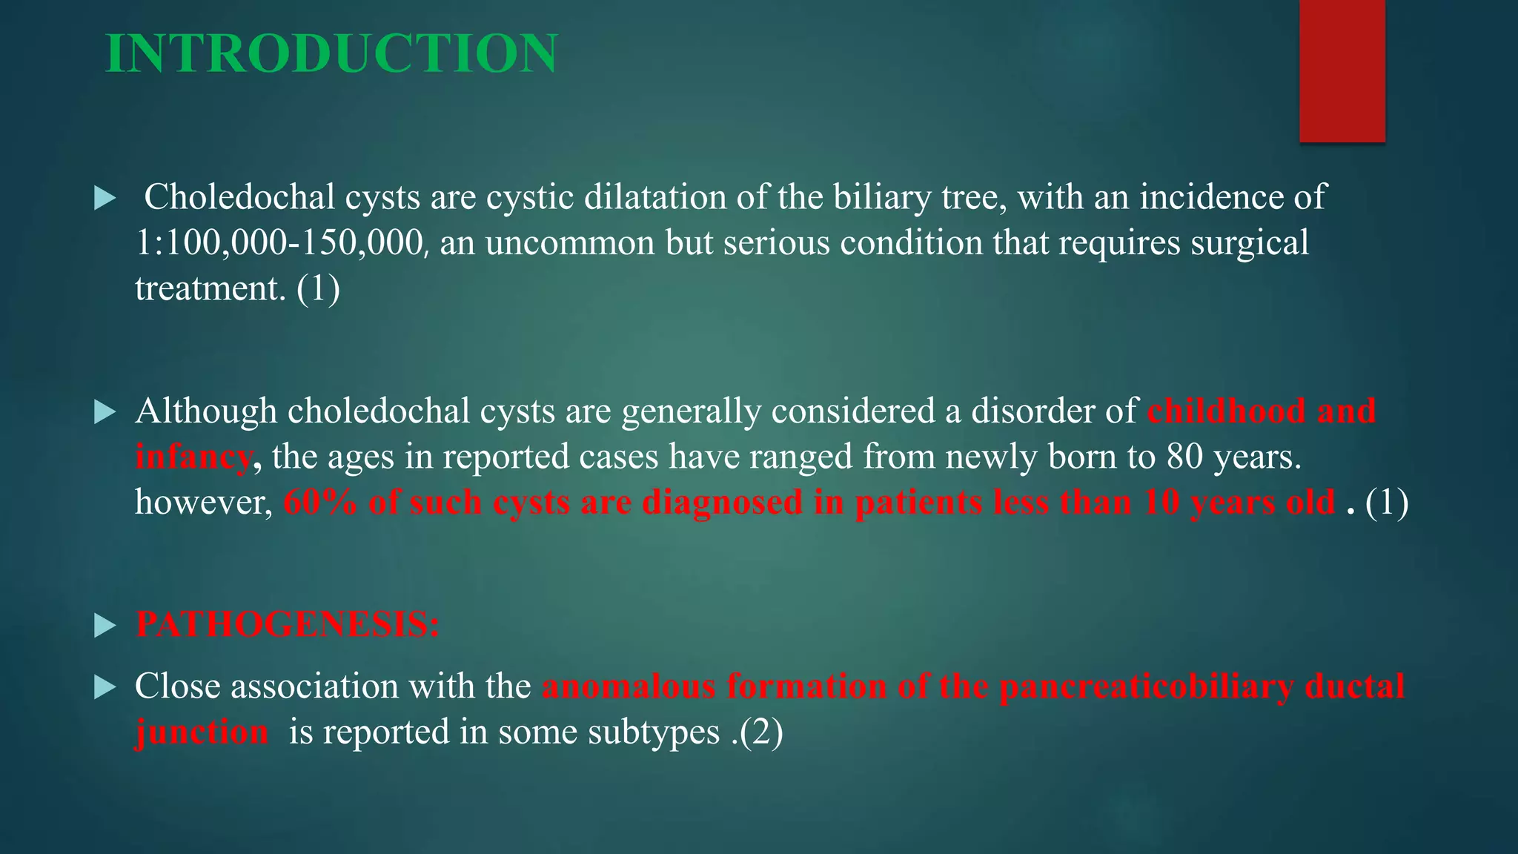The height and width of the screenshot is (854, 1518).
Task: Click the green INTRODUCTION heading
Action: click(x=331, y=53)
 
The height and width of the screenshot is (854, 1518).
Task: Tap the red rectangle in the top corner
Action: click(x=1342, y=70)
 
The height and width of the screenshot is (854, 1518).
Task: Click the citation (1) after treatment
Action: click(x=318, y=288)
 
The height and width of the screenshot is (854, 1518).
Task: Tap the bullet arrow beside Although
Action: click(x=105, y=412)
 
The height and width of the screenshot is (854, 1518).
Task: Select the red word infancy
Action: click(x=193, y=457)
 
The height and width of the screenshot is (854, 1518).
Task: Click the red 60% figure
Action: click(x=320, y=503)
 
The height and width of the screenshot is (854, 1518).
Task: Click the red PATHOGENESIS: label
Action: click(x=288, y=624)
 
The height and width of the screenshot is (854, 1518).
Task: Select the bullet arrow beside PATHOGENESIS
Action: click(x=105, y=626)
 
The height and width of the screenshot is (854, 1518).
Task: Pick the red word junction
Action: click(x=202, y=732)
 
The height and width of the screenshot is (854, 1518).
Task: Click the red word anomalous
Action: click(x=629, y=686)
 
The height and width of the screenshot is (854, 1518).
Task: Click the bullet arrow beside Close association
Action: click(x=105, y=688)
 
